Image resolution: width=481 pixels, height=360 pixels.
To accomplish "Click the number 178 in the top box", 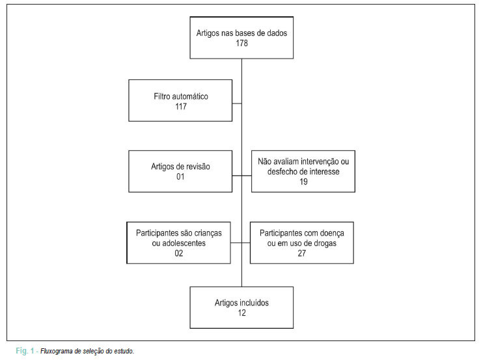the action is (x=241, y=43).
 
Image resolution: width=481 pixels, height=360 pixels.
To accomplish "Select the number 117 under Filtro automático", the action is (x=181, y=107).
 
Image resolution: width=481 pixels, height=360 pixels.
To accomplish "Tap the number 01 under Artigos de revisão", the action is (x=180, y=177).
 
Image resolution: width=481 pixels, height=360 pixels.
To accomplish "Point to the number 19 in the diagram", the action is (x=303, y=182).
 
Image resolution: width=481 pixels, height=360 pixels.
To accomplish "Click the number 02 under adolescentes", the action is (x=179, y=253).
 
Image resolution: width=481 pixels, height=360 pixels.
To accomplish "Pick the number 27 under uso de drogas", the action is (x=302, y=253).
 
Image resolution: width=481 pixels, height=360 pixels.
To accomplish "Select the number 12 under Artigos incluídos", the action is (x=241, y=313).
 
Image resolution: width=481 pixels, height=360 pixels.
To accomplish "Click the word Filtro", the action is (x=161, y=96).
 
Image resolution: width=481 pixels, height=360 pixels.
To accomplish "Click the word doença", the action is (x=332, y=233).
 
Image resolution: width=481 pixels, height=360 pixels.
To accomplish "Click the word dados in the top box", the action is (x=277, y=33).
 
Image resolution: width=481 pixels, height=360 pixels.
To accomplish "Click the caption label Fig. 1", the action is (x=25, y=351).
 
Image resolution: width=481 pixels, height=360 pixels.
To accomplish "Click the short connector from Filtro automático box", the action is (x=237, y=104).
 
